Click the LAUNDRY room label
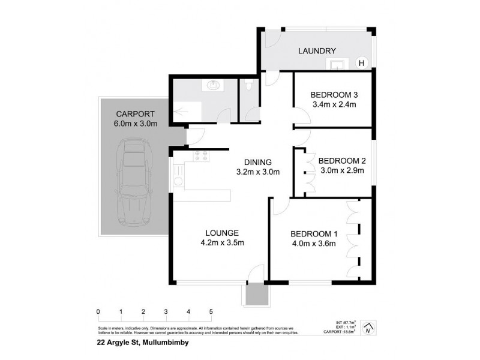click(317, 51)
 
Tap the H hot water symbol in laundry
click(361, 62)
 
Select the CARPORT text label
click(136, 114)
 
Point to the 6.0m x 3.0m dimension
click(136, 124)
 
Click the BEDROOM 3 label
click(334, 95)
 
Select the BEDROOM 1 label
click(314, 233)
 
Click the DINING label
click(258, 162)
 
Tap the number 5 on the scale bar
click(211, 311)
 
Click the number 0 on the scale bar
click(98, 311)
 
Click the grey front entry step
click(257, 294)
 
